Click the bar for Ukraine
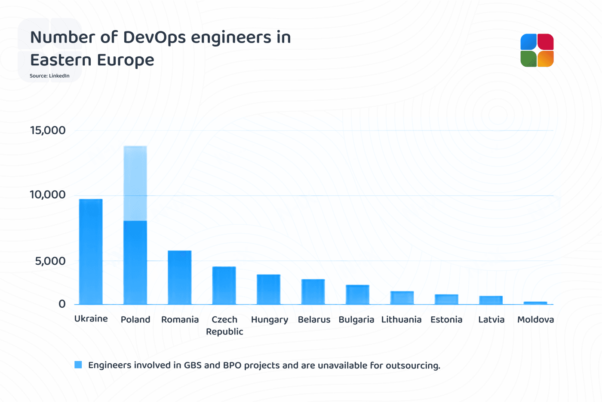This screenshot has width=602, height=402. [91, 252]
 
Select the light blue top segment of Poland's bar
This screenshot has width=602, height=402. [135, 183]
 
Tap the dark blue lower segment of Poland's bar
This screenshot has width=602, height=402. [135, 263]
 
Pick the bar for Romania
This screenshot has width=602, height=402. [179, 278]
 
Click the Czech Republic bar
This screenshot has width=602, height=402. [224, 285]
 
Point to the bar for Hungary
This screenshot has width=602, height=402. [268, 289]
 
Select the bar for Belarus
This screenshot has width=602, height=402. [313, 292]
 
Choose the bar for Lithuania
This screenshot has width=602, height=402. [402, 298]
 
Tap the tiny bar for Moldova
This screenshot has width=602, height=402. [535, 303]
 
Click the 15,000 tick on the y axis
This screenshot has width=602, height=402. [48, 130]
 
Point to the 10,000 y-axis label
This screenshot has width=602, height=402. [48, 195]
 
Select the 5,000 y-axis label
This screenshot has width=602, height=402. [50, 261]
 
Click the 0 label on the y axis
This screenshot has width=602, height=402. [62, 304]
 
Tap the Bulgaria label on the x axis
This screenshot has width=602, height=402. [356, 320]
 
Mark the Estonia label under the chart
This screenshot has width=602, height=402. [446, 320]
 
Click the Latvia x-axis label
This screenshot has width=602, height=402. [491, 320]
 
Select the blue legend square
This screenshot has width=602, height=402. [78, 365]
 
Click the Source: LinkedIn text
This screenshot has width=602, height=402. [49, 76]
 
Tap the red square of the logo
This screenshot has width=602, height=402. [546, 42]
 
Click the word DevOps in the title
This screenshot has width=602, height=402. [155, 37]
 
